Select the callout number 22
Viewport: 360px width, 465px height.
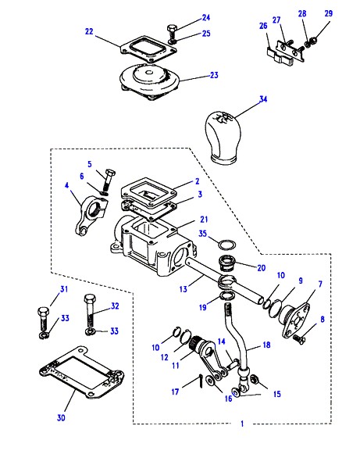tap(89, 31)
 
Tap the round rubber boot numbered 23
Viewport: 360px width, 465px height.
tap(149, 81)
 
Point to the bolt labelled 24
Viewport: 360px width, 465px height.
tap(172, 34)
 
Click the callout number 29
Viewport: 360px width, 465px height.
tap(328, 13)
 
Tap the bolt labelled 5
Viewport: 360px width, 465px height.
tap(108, 181)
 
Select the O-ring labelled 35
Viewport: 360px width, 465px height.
tap(227, 245)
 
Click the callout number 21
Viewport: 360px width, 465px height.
tap(204, 220)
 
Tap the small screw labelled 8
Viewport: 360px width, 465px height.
tap(299, 338)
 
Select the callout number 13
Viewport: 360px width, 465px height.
tap(184, 288)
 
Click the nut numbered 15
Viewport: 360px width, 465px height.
tap(255, 379)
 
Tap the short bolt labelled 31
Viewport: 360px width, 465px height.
tap(43, 322)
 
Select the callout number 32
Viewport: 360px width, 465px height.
tap(115, 306)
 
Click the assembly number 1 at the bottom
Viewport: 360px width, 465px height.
tap(242, 424)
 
